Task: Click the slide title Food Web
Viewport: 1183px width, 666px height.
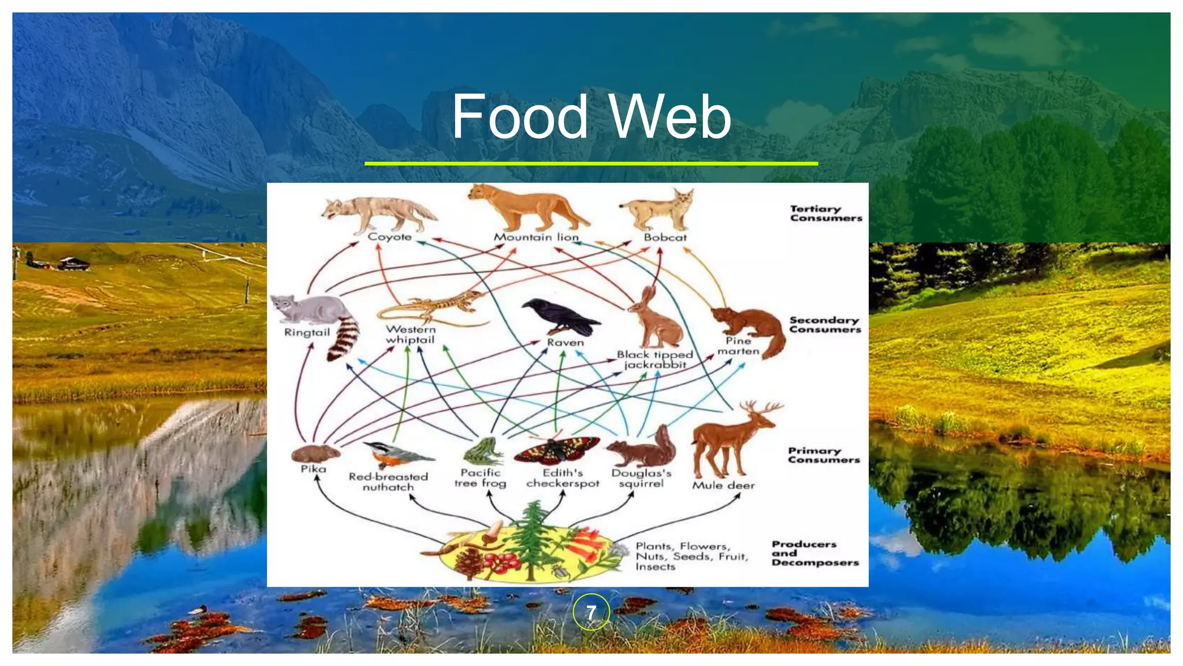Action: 591,117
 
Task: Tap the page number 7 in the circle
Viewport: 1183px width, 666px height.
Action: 591,612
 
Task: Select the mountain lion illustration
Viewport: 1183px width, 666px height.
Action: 526,208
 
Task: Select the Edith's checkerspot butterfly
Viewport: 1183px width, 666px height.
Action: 556,451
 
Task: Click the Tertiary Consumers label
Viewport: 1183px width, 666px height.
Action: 825,213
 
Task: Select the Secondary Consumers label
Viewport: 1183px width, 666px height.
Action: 825,324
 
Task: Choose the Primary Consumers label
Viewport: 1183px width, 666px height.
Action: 824,455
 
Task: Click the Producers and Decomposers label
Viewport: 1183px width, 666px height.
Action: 814,553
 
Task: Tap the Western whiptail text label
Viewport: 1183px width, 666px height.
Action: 411,334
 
